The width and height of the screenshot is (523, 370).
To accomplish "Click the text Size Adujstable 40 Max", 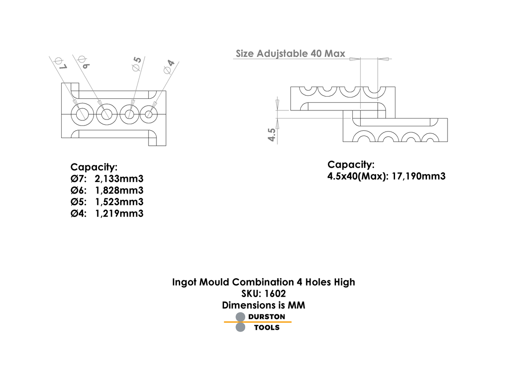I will (x=290, y=53).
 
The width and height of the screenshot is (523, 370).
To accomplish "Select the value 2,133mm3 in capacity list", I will (x=119, y=179).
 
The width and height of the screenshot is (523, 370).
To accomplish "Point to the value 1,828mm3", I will (x=119, y=190).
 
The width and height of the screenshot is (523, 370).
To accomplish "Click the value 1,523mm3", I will (x=119, y=202).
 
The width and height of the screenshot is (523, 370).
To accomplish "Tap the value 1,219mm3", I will (x=119, y=213).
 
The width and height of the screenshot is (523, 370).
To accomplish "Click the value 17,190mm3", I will (x=418, y=176).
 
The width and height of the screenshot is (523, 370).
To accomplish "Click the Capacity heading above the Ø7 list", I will (x=94, y=167).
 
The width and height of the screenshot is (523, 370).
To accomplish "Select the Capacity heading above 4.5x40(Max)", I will (x=351, y=164).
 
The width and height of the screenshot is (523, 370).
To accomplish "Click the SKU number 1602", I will (x=274, y=293).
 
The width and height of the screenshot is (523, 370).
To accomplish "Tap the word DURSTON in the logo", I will (x=267, y=317).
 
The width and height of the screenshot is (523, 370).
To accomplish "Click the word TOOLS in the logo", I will (x=267, y=328).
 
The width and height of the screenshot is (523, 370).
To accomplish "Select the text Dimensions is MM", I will (x=263, y=305).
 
